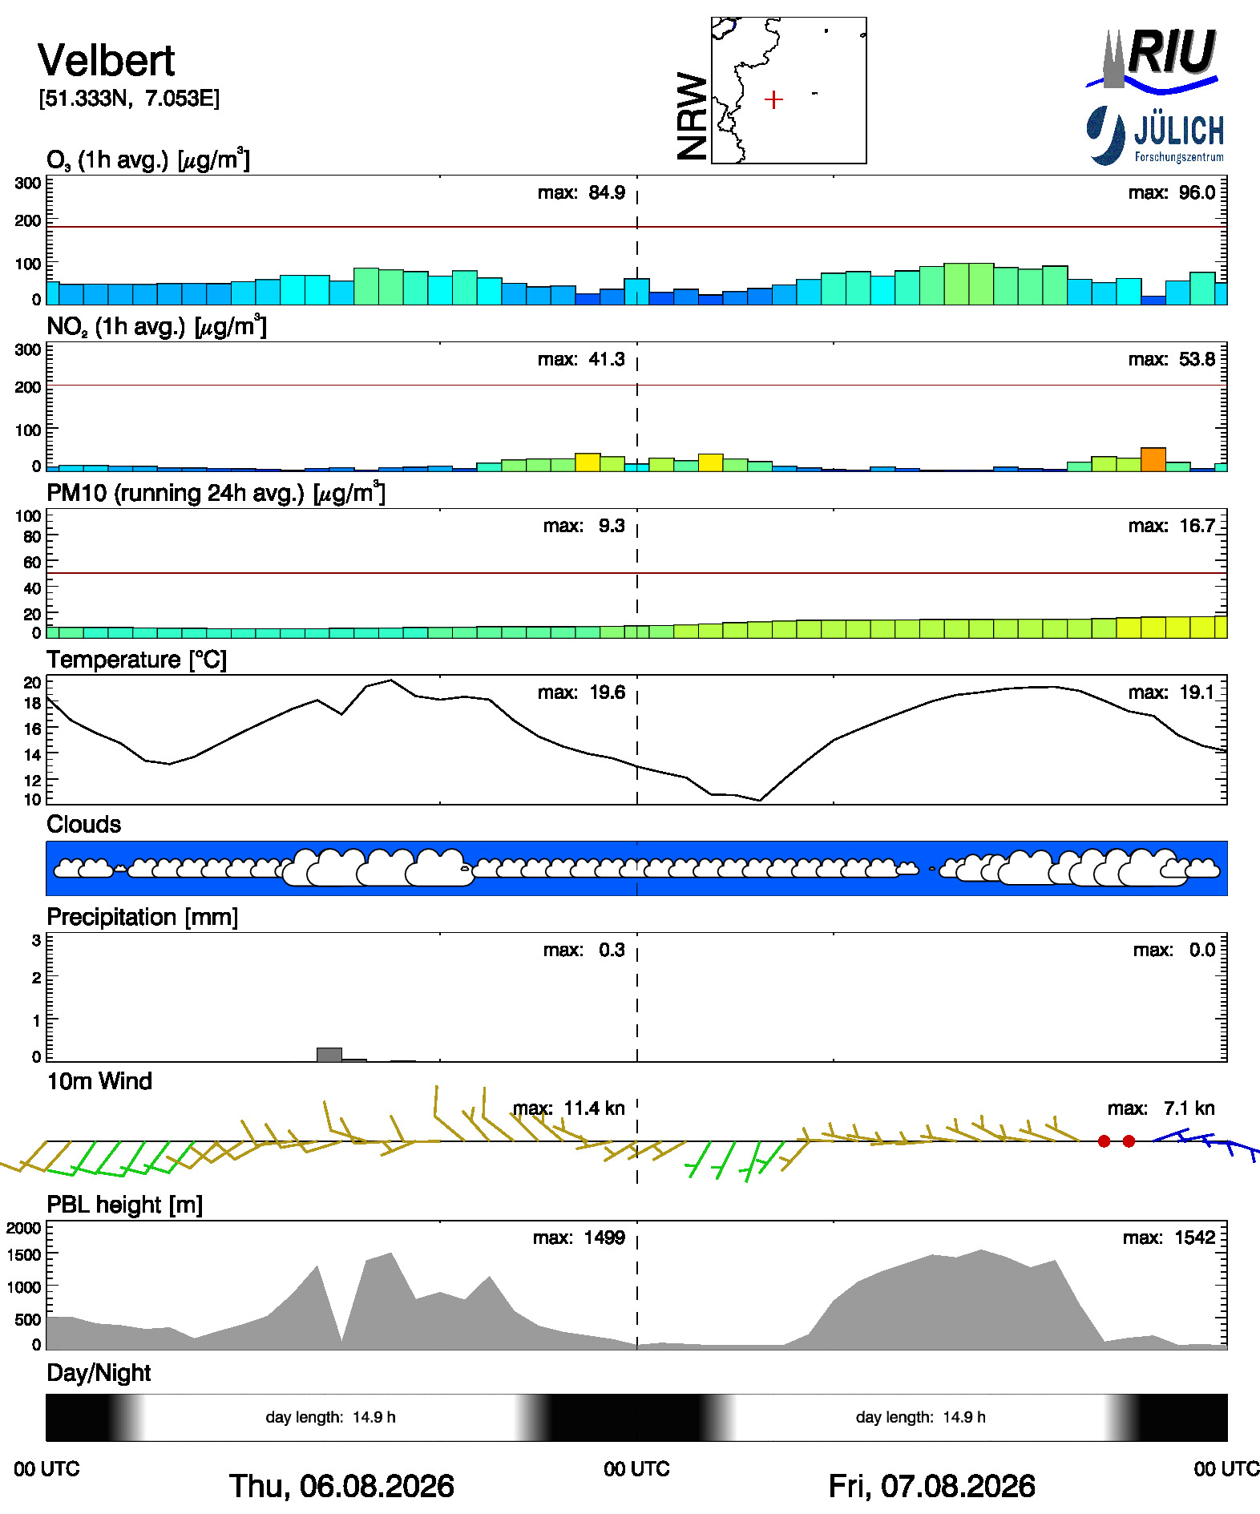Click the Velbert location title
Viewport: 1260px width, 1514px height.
tap(106, 60)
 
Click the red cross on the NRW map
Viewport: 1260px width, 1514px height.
tap(773, 99)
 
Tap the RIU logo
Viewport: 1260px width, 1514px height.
tap(1153, 58)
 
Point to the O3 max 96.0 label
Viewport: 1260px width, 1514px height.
tap(1172, 192)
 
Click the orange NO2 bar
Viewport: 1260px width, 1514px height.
tap(1153, 459)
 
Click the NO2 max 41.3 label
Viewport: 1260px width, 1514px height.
tap(581, 359)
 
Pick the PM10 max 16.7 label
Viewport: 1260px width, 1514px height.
tap(1172, 526)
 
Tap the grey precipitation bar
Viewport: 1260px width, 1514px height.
tap(329, 1055)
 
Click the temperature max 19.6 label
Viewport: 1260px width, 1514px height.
tap(581, 692)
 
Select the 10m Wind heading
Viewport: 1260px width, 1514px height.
tap(99, 1081)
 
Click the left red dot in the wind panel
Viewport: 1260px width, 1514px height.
tap(1105, 1141)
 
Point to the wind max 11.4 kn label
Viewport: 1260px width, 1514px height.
tap(569, 1108)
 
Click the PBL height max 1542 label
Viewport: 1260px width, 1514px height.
tap(1169, 1237)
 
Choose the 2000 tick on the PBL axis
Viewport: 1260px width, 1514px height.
tap(24, 1228)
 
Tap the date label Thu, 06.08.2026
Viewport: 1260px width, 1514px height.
tap(341, 1486)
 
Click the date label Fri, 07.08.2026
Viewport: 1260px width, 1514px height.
tap(931, 1486)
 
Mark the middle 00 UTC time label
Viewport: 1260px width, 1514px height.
tap(636, 1469)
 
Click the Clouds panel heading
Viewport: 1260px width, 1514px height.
tap(84, 825)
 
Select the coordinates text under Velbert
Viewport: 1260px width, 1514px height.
tap(129, 99)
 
